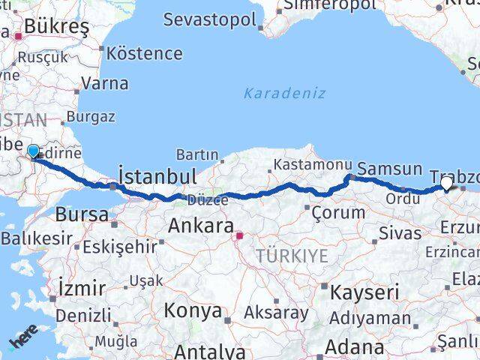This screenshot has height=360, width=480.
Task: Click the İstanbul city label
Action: [158, 176]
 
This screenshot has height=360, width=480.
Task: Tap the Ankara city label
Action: [199, 225]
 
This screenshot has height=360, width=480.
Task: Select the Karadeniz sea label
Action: [284, 93]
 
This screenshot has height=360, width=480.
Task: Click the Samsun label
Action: [385, 169]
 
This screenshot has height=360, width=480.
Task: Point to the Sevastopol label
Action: [209, 19]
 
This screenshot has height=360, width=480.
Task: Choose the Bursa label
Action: [82, 214]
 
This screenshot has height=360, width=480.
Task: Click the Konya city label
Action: [193, 310]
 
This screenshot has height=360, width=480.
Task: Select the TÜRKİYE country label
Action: [292, 256]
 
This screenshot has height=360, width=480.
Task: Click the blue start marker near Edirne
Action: [33, 152]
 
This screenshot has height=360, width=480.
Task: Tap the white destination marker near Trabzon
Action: [447, 182]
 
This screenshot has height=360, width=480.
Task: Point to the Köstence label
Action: [145, 53]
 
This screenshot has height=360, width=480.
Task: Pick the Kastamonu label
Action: [313, 164]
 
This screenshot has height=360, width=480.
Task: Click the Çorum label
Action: [340, 212]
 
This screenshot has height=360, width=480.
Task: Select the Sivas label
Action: [400, 233]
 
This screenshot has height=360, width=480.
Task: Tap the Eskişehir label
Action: [120, 246]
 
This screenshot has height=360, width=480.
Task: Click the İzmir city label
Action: [82, 287]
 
